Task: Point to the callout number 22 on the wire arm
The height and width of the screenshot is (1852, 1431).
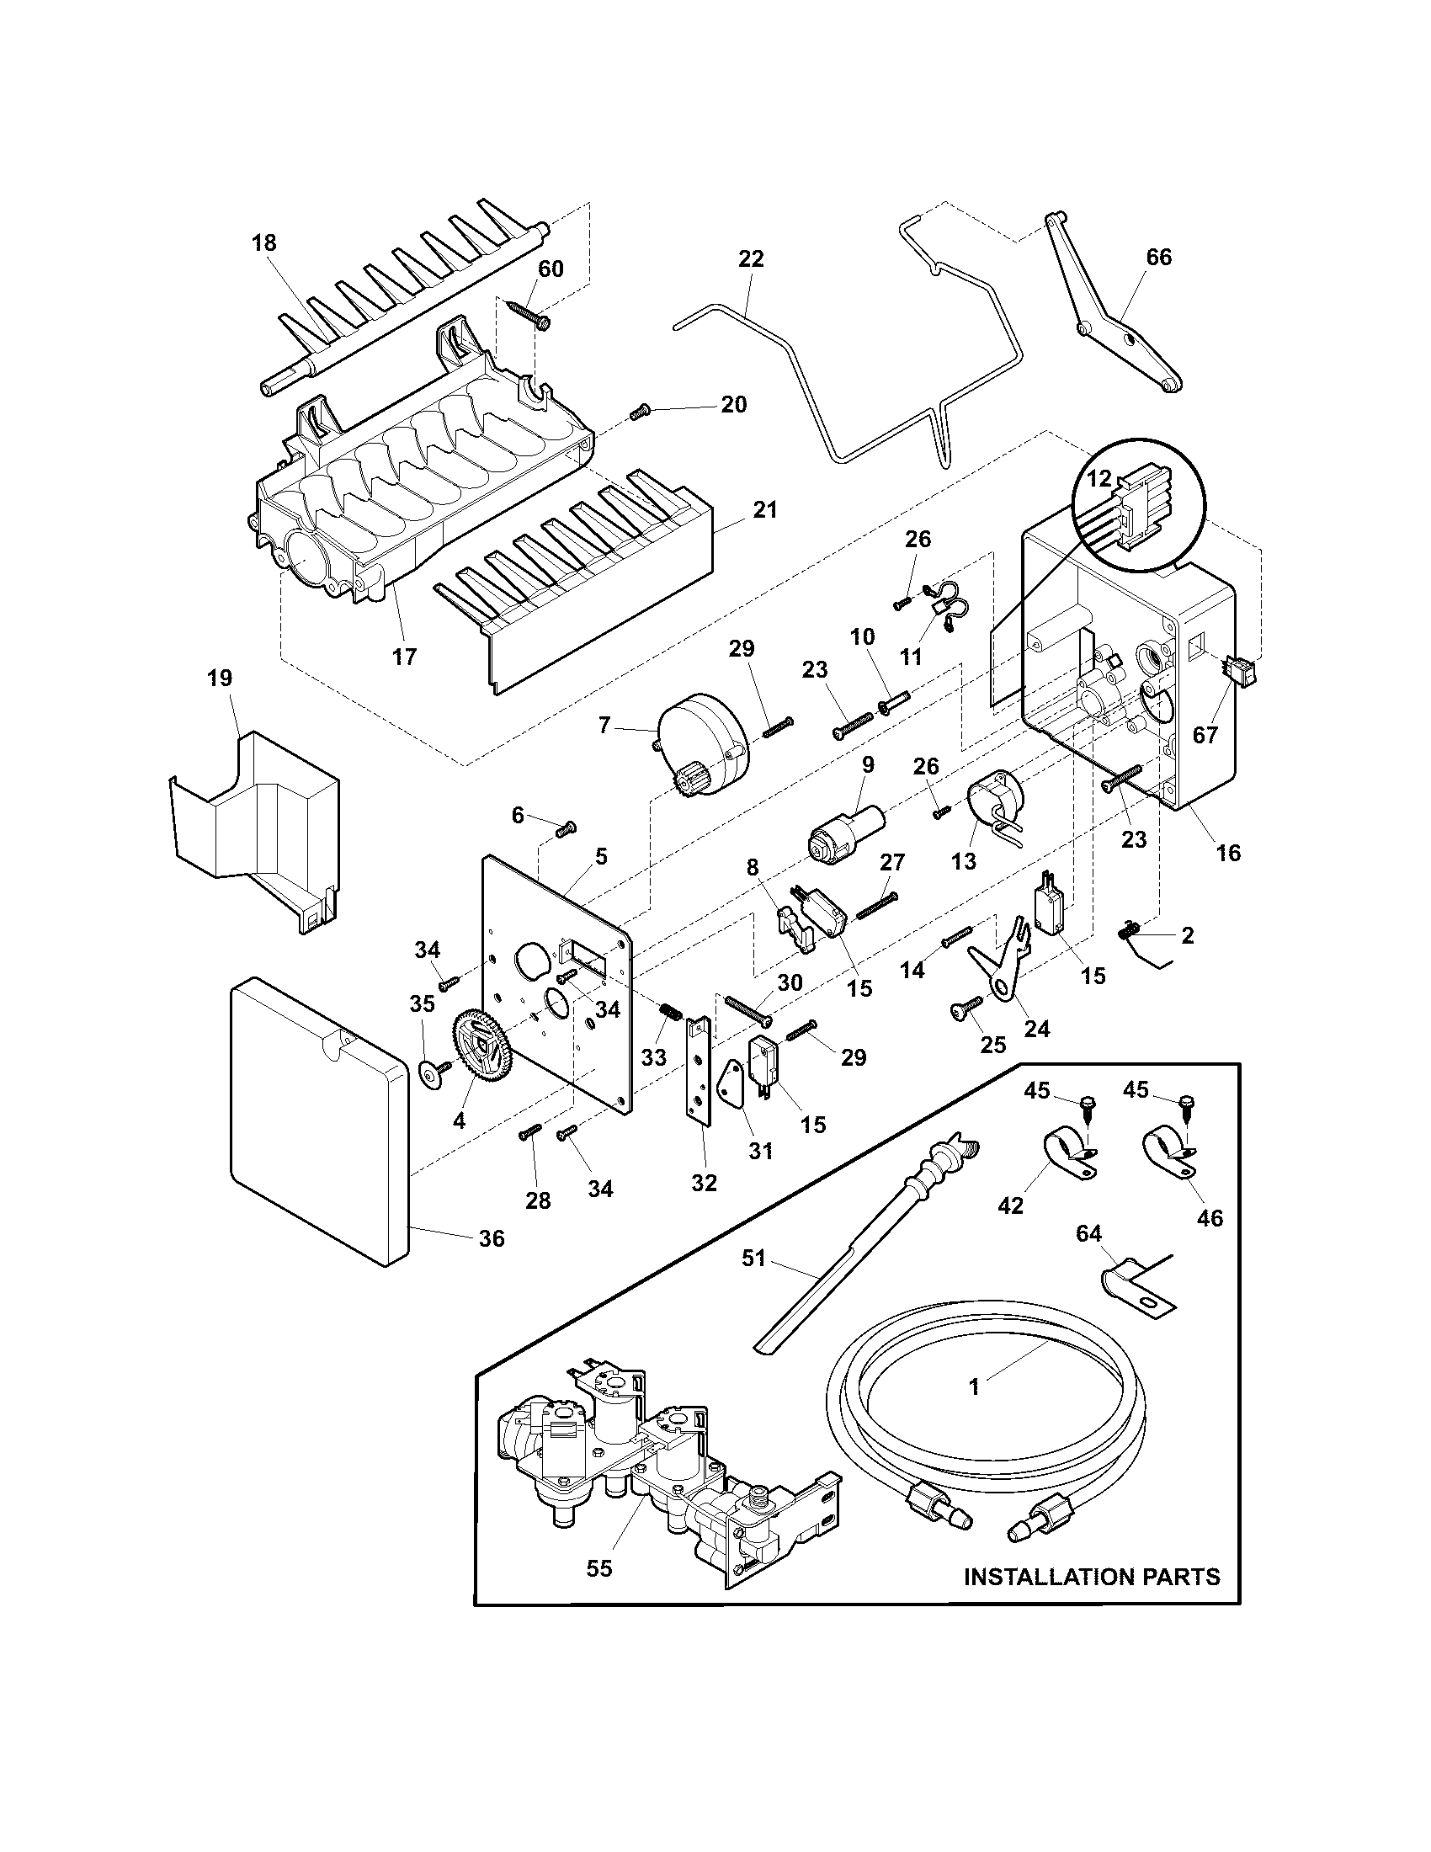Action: tap(751, 258)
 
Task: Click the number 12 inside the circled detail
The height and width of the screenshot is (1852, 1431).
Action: tap(1099, 478)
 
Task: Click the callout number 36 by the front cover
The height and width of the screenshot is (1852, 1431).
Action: tap(491, 1239)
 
